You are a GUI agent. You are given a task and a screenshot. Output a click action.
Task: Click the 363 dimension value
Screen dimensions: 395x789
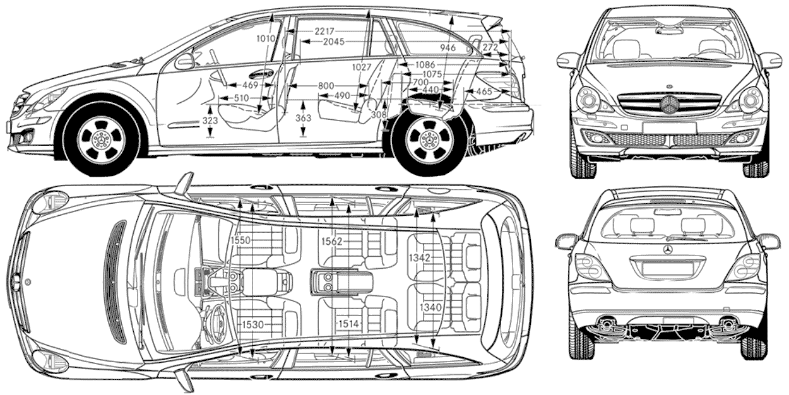pyautogui.click(x=303, y=118)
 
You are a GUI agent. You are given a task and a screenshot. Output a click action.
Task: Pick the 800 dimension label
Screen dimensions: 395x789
pyautogui.click(x=326, y=85)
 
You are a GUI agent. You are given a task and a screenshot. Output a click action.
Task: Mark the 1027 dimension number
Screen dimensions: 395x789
pyautogui.click(x=361, y=68)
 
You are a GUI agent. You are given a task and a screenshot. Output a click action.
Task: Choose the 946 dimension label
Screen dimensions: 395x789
pyautogui.click(x=448, y=48)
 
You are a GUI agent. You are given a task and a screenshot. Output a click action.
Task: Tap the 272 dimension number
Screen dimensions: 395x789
pyautogui.click(x=490, y=47)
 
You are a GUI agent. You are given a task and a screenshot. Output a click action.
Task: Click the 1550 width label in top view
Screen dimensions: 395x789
pyautogui.click(x=240, y=240)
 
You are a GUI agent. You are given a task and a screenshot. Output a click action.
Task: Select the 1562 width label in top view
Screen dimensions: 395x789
pyautogui.click(x=331, y=240)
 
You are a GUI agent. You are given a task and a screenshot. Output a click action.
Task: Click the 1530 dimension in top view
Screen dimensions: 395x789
pyautogui.click(x=252, y=324)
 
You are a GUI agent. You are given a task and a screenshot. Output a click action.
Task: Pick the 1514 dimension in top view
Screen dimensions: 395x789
pyautogui.click(x=348, y=324)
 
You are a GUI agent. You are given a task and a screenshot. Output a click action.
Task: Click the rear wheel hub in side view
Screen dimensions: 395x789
pyautogui.click(x=429, y=139)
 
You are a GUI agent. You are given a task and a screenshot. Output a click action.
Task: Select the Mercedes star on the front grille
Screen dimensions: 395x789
pyautogui.click(x=669, y=105)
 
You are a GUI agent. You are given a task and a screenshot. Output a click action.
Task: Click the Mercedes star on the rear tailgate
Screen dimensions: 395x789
pyautogui.click(x=667, y=251)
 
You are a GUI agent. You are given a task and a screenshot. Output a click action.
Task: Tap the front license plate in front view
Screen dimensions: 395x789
pyautogui.click(x=669, y=128)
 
